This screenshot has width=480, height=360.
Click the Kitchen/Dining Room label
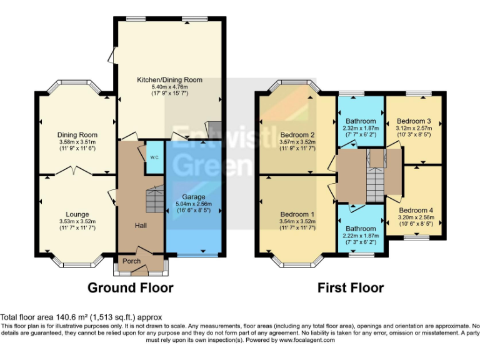pos(170,80)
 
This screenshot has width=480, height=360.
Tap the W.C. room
pos(153,157)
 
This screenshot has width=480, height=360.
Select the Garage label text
pos(192,196)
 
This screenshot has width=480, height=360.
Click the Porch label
pos(131,261)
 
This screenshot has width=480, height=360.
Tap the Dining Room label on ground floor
pos(77,135)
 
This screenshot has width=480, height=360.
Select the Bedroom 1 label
pos(297,214)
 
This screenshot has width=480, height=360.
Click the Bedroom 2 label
pos(297,135)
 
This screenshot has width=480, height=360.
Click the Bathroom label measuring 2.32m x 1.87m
pos(361,121)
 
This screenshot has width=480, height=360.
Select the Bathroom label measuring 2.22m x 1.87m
pos(361,229)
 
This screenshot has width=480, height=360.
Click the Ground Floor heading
pos(130,288)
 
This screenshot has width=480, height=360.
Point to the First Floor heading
pos(351,288)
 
